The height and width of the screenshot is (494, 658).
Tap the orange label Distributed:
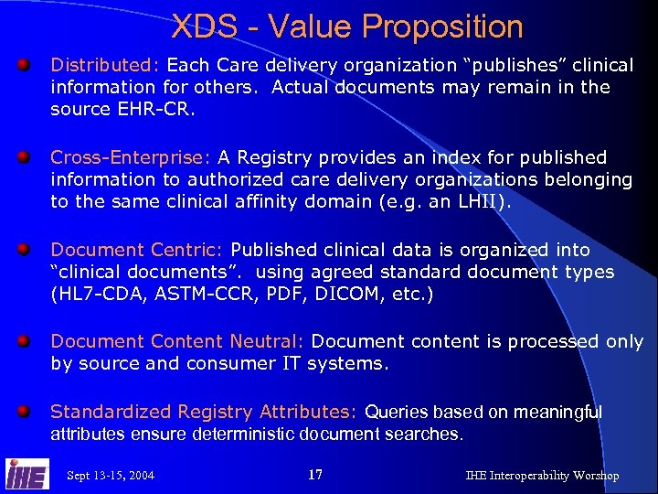pos(105,66)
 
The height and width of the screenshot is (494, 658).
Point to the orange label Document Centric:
pos(138,250)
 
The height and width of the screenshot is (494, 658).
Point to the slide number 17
pos(315,475)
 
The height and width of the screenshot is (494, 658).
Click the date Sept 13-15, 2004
pos(111,476)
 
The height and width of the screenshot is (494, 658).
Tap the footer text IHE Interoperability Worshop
pos(542,476)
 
